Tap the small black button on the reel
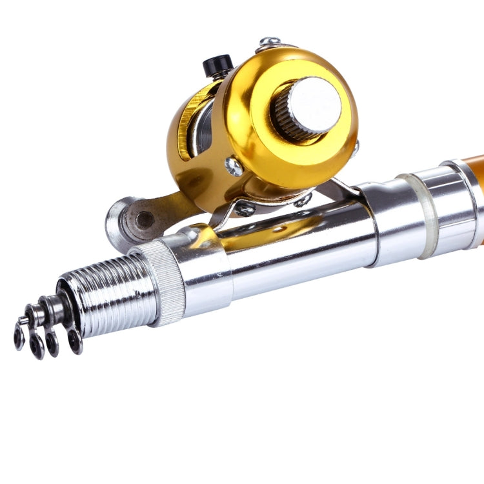(218, 65)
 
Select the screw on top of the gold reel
(269, 43)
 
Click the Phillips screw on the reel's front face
(234, 167)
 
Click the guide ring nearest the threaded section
(75, 341)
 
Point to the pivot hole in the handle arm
(145, 220)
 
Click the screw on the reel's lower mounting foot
(245, 208)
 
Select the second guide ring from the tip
(37, 346)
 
